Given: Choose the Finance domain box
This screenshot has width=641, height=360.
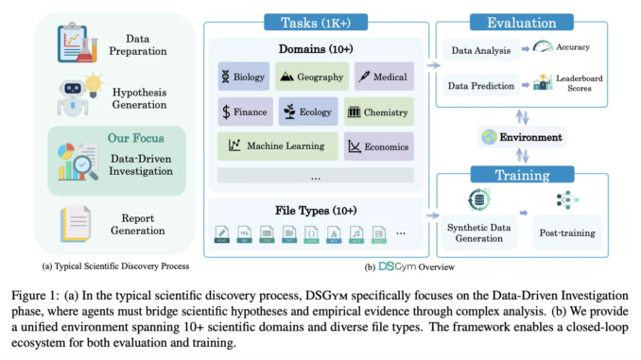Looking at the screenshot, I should click(244, 111).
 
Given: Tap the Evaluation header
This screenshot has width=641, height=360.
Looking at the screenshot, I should click(521, 21).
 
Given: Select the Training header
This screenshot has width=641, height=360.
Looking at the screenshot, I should click(522, 175).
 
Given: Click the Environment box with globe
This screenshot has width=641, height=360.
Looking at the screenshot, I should click(521, 138).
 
